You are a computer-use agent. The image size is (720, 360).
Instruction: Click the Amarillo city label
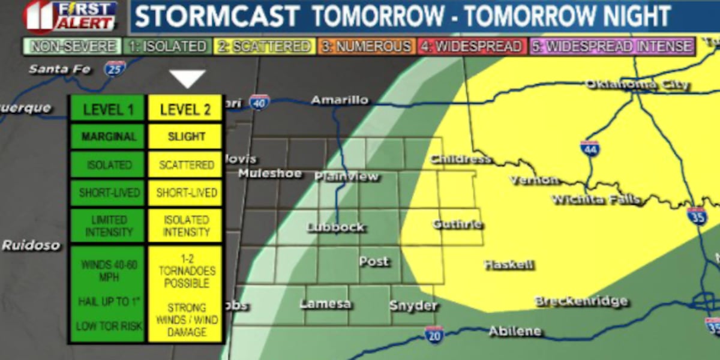coord(339,100)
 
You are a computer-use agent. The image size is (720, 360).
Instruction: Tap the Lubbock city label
coord(335,227)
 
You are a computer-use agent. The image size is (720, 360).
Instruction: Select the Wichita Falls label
coord(595,200)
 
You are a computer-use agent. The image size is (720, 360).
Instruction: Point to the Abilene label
coord(515,331)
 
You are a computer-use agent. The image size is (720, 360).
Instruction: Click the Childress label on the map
coord(461,159)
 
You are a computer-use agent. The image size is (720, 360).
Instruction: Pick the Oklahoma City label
coord(637,85)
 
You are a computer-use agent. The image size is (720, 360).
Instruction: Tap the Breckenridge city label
coord(581,301)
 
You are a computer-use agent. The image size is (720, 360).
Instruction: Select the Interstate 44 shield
coord(589,149)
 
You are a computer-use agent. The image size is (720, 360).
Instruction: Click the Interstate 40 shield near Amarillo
coord(259,103)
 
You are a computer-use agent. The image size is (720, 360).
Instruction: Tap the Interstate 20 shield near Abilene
coord(434,335)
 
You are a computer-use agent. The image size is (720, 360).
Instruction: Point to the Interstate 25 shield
coord(114,68)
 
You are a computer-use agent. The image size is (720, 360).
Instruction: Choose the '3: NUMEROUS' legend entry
coord(366,46)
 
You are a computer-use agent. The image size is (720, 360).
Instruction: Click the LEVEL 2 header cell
coord(186,109)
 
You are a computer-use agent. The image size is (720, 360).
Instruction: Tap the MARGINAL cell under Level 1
coord(108,136)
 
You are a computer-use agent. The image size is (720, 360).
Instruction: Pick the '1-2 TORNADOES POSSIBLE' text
coord(186,271)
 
